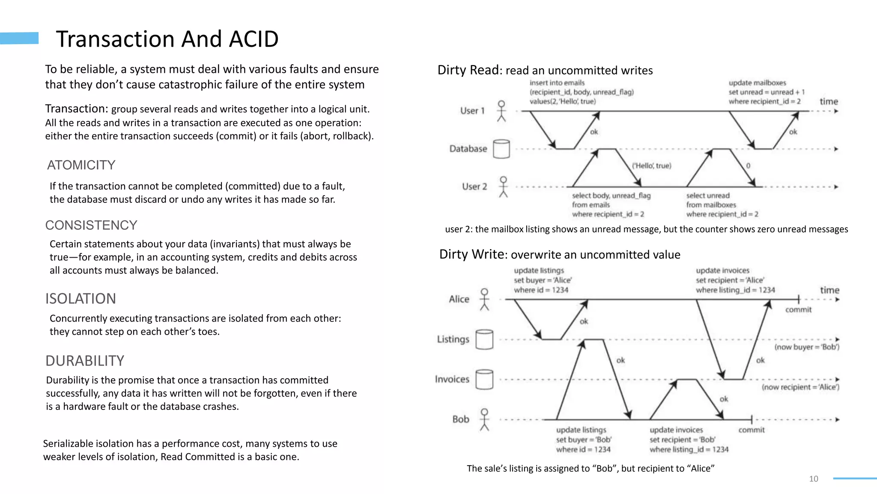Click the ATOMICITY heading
81,165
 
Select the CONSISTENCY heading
91,225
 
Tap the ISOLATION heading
81,298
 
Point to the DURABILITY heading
85,361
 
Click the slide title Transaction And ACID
167,39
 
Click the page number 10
814,479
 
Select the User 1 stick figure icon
501,111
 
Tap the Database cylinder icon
501,149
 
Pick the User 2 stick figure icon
504,187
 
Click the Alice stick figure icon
484,299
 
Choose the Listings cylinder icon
484,339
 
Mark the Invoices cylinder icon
484,379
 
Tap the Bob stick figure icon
484,419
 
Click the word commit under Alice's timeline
798,310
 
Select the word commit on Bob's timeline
751,430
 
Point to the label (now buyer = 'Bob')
807,347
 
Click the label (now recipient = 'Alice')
800,387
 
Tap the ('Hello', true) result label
651,166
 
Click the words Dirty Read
468,70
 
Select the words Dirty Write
471,254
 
